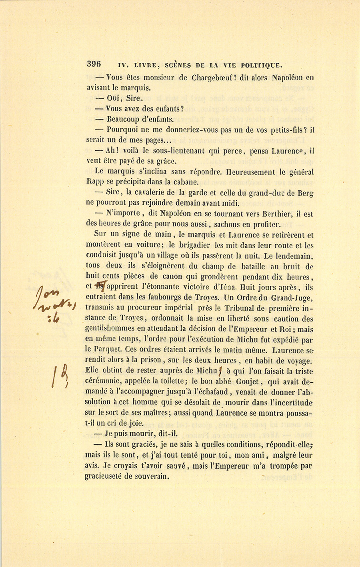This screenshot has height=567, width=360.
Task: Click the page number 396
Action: click(x=94, y=64)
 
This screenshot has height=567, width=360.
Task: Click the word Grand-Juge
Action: click(x=292, y=297)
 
